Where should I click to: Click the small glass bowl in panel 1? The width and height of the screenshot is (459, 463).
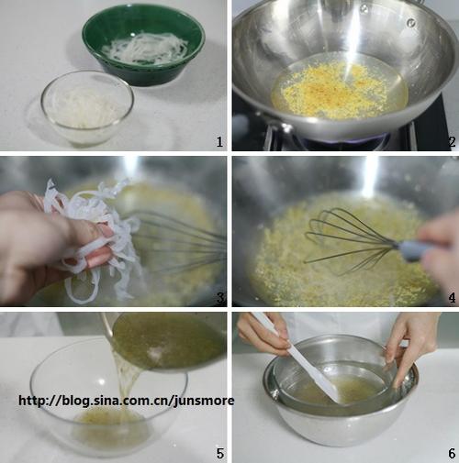pos(87,107)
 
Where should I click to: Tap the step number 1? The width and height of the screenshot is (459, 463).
pos(219,142)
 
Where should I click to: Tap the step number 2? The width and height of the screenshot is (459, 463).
pos(452,142)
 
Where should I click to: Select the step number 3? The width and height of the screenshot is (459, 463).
pos(220,298)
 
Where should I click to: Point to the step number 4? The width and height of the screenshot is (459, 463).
pos(452,298)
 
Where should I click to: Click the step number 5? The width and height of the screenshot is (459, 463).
pos(220,454)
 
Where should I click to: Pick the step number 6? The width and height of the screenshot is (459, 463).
pos(452,454)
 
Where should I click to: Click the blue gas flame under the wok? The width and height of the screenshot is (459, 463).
pos(346,139)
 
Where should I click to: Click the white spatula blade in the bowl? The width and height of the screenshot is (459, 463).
pos(319,378)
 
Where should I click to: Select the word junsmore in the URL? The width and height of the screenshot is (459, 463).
pos(204,401)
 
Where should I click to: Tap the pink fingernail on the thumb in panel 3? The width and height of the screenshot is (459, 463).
pos(106,231)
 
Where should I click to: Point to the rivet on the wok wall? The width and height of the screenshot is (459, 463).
pos(412,22)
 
